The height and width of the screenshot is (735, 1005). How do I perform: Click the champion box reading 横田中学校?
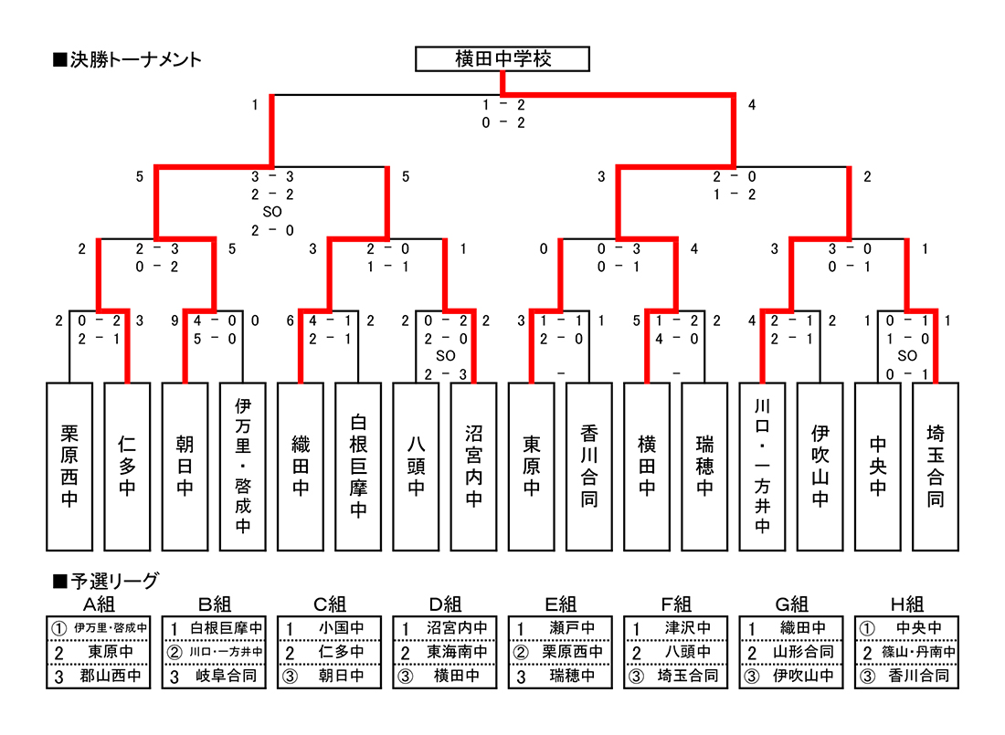coord(502,59)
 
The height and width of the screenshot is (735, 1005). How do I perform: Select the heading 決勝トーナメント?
coord(128,60)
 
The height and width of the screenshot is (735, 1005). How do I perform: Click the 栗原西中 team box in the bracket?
coord(69,466)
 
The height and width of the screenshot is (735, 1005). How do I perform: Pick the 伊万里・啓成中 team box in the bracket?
coord(242,466)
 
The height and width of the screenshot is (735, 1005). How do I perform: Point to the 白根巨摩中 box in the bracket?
coord(358,466)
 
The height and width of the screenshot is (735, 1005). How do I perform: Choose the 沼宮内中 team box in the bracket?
coord(473,466)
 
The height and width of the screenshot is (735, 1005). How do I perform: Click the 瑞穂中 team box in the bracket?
coord(704,466)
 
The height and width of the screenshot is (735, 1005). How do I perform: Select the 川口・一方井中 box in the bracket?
coord(762,466)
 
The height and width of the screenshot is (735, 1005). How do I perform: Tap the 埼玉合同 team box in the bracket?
coord(936,466)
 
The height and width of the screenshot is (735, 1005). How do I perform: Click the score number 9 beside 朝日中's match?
coord(175,320)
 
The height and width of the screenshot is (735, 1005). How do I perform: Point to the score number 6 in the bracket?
coord(290,320)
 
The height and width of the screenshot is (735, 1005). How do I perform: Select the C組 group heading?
coord(329,604)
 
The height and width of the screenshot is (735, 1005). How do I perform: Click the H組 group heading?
coord(906,604)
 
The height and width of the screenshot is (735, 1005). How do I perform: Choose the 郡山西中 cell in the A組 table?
coord(109,677)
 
